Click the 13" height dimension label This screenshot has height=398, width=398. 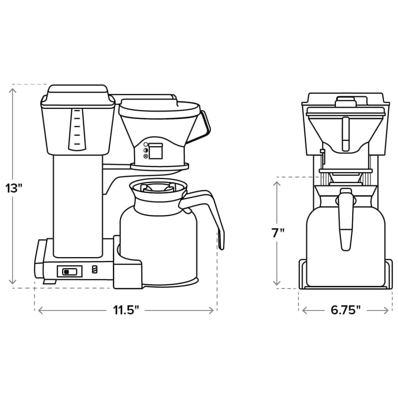14,188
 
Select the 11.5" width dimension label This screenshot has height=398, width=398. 126,310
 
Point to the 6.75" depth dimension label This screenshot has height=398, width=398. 345,310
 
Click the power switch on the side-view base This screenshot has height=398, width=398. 70,271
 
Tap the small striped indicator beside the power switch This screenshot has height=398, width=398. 95,269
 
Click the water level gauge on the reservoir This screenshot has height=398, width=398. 77,129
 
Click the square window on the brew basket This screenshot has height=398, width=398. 155,152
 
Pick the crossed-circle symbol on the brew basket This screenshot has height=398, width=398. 146,156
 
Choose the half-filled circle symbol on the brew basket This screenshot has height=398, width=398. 146,150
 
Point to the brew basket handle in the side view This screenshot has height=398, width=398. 204,123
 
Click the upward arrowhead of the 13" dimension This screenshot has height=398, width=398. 12,91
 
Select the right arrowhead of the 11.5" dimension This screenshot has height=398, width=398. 211,310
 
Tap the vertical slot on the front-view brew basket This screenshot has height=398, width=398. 345,134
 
